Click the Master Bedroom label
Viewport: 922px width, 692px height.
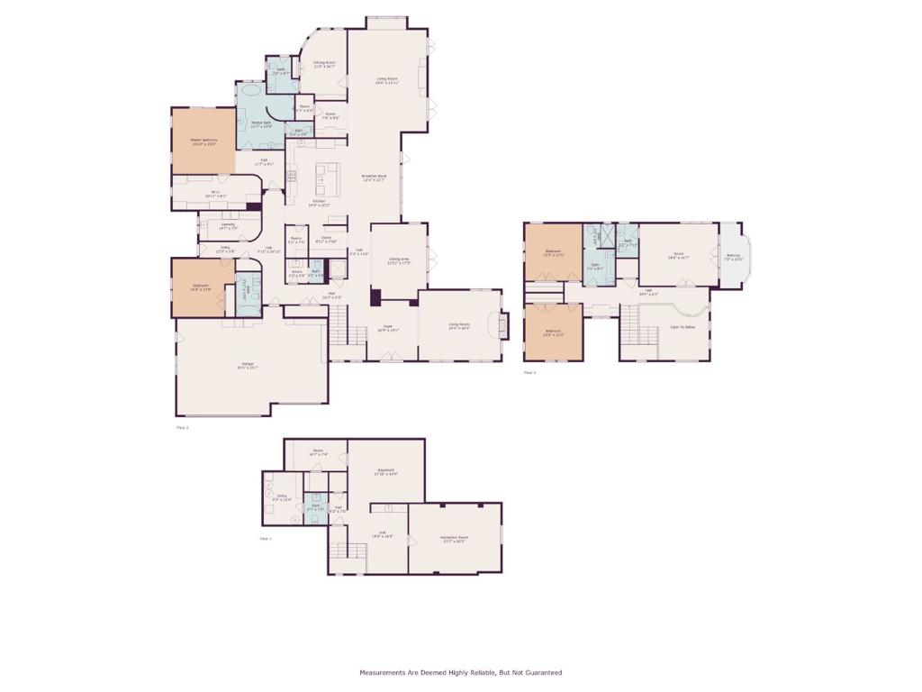203,140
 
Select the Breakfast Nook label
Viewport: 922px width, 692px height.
375,176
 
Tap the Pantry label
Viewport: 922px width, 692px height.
296,238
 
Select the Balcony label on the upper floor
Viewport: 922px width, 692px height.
734,255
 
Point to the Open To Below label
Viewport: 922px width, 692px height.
682,327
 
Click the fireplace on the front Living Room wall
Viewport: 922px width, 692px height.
503,324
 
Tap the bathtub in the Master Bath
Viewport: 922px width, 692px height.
250,91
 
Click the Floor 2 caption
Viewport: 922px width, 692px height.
182,427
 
